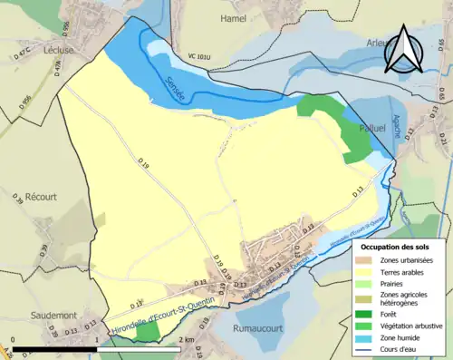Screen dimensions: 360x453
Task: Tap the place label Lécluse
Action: [59, 52]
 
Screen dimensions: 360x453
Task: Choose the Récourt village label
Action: [42, 195]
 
